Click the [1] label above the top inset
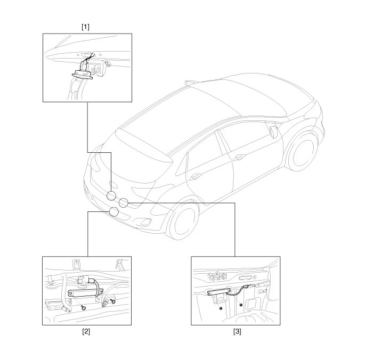pos(85,27)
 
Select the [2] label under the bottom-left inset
pos(86,331)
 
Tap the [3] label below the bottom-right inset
pos(237,331)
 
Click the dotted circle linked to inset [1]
pos(111,196)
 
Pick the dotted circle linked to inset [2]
pos(114,211)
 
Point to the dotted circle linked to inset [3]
pos(124,202)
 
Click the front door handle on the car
pos(240,157)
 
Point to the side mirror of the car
pos(273,132)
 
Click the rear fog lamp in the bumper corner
pos(144,222)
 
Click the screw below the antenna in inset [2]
pos(84,308)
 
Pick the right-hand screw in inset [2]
pos(112,301)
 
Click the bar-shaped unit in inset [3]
pos(219,292)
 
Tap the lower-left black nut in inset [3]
pos(220,309)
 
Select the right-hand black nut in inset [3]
pos(241,305)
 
